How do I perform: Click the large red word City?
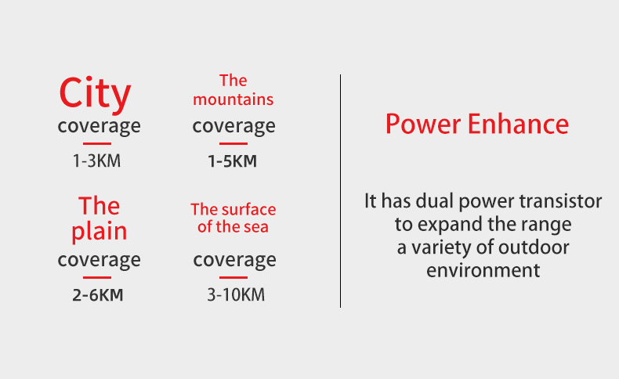point(95,94)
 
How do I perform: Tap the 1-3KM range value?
point(96,161)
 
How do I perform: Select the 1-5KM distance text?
point(233,161)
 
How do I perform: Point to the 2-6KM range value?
point(97,295)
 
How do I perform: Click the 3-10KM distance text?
point(236,295)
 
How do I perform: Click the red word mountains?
point(233,99)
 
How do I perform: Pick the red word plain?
point(99,232)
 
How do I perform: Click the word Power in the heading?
point(423,125)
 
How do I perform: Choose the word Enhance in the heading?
point(518,124)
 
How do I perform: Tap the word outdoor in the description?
point(534,247)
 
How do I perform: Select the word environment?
point(483,271)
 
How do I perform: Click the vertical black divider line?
point(340,191)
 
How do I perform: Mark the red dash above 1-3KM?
point(97,143)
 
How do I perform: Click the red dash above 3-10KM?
point(233,277)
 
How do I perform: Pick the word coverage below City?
point(99,127)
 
